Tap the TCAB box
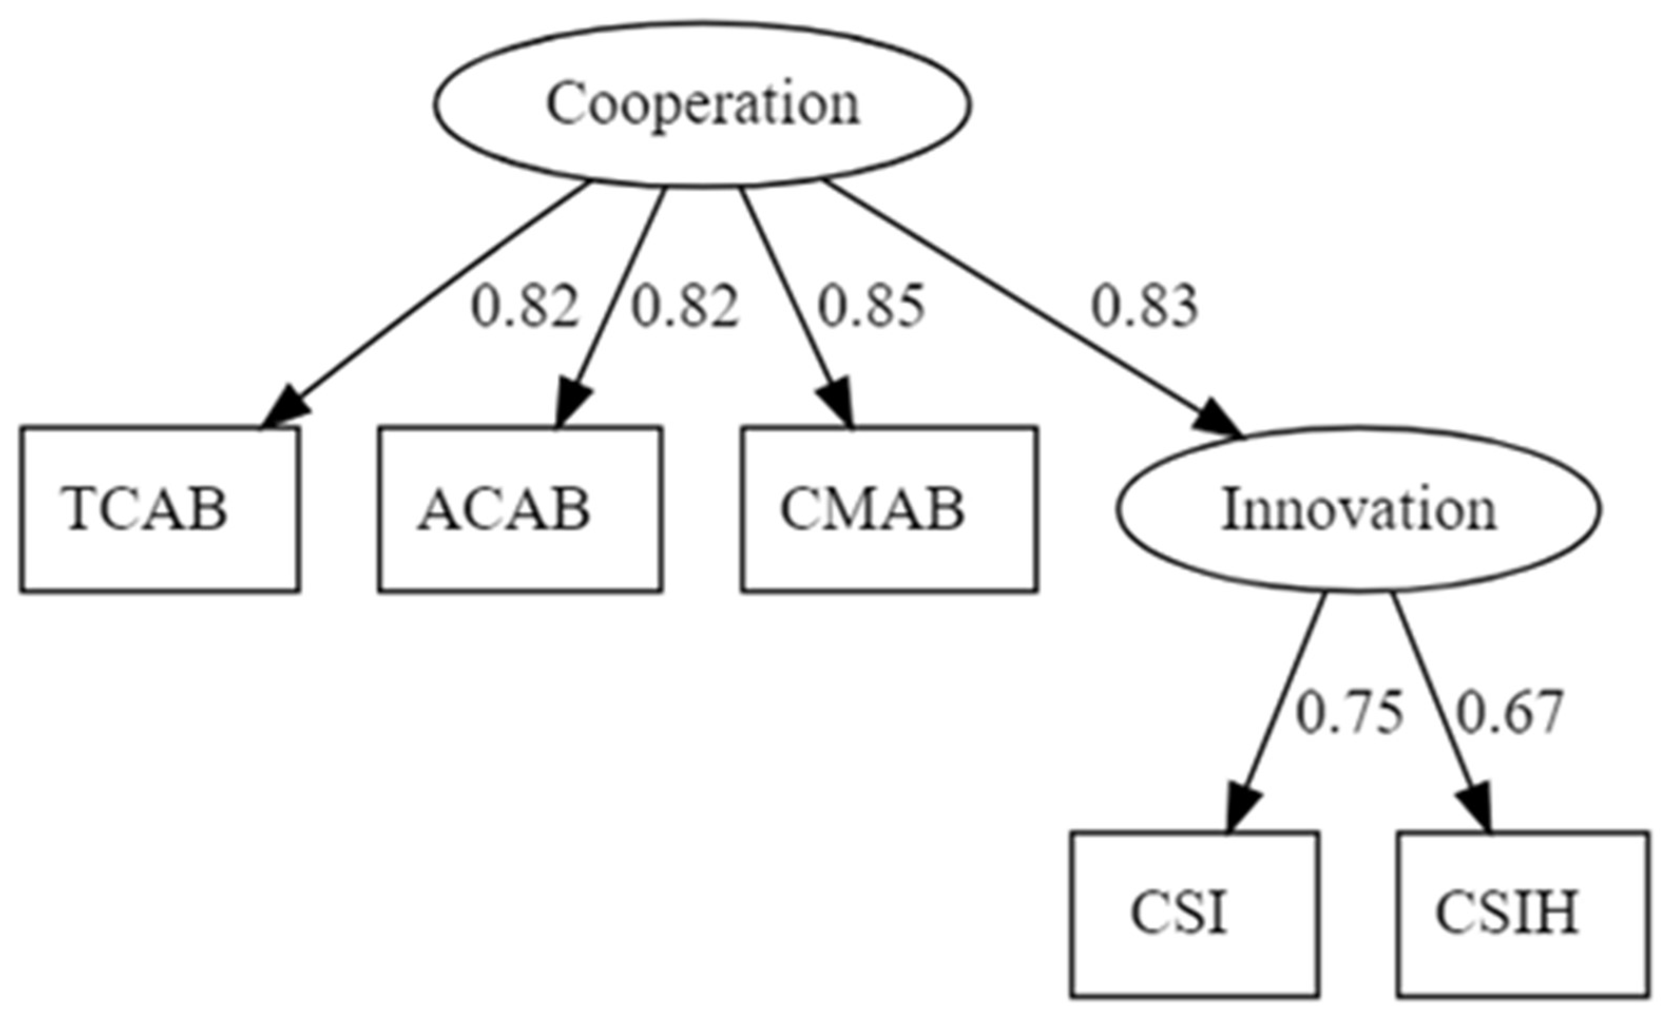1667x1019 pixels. coord(160,510)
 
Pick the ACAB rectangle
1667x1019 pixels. coord(519,510)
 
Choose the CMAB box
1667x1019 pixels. coord(889,510)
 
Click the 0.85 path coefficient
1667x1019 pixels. coord(871,306)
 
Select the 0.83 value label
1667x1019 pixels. coord(1145,306)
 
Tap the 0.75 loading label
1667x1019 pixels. coord(1349,713)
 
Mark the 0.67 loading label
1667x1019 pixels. coord(1509,713)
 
